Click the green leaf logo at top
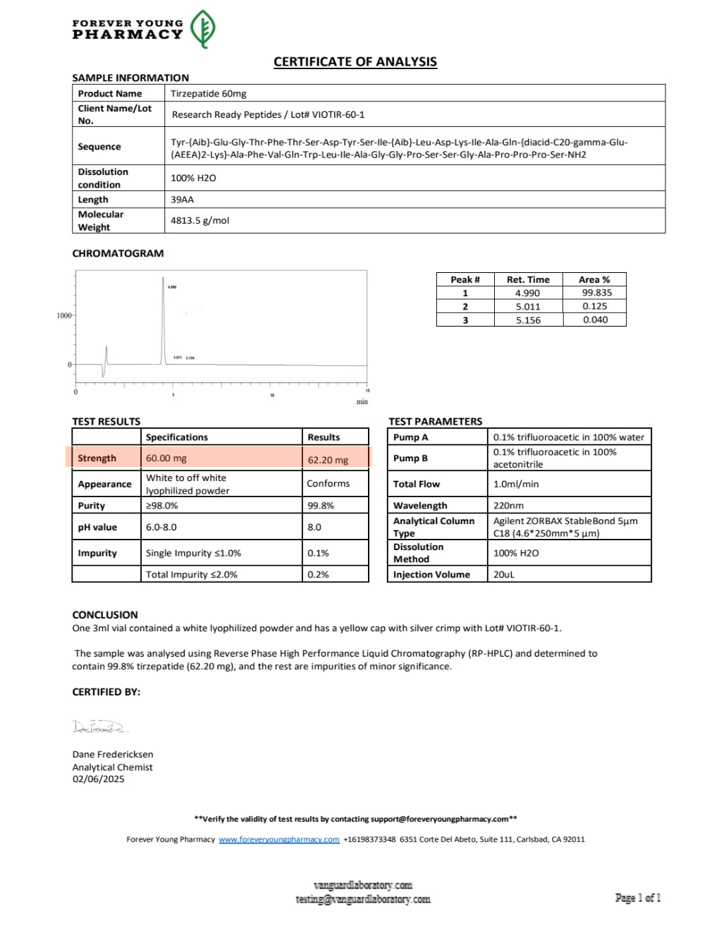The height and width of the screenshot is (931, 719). (x=203, y=29)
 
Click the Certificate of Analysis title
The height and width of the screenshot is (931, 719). (x=355, y=62)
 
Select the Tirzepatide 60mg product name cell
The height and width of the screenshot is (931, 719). (x=209, y=93)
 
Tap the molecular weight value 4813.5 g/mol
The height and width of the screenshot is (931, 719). (x=200, y=220)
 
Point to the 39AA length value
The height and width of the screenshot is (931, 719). (x=183, y=200)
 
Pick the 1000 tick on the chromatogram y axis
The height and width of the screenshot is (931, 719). (x=64, y=315)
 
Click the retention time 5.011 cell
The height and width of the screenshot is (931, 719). (x=527, y=306)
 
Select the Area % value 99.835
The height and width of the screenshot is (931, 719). (x=596, y=293)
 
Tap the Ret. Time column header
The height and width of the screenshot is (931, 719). (x=527, y=279)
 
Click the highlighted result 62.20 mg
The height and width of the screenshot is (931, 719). (x=328, y=460)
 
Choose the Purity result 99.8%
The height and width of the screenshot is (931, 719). (x=321, y=506)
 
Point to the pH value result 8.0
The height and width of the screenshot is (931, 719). (x=314, y=527)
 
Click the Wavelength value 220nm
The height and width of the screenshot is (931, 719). (x=508, y=506)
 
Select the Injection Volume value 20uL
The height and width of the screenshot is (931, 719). (x=504, y=575)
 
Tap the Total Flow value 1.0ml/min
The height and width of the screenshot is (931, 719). (x=516, y=484)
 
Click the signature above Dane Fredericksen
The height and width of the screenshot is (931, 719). (x=99, y=726)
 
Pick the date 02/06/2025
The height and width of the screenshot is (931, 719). (x=98, y=779)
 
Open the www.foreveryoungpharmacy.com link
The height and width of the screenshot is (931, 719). (x=279, y=839)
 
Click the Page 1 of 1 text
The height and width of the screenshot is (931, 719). (x=638, y=898)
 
